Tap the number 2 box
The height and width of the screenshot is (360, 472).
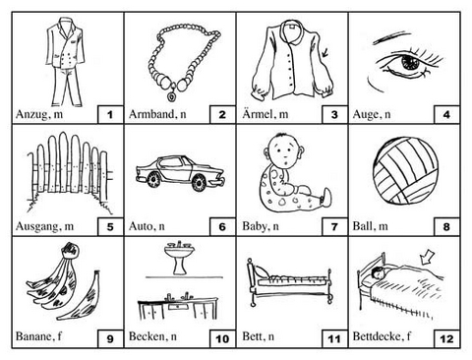click(222, 114)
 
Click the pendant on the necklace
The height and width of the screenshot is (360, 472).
click(171, 96)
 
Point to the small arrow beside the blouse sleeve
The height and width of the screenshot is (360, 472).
click(325, 52)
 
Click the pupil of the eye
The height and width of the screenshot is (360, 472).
click(409, 62)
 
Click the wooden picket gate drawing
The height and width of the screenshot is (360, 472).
click(70, 170)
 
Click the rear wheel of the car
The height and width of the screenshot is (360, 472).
click(153, 180)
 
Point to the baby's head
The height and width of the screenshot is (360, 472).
click(284, 151)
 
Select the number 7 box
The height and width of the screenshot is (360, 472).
click(334, 226)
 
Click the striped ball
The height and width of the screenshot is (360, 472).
click(405, 171)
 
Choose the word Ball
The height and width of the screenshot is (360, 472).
click(363, 226)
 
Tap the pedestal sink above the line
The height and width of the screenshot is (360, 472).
click(180, 258)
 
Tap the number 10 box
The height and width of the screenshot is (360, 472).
click(222, 338)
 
